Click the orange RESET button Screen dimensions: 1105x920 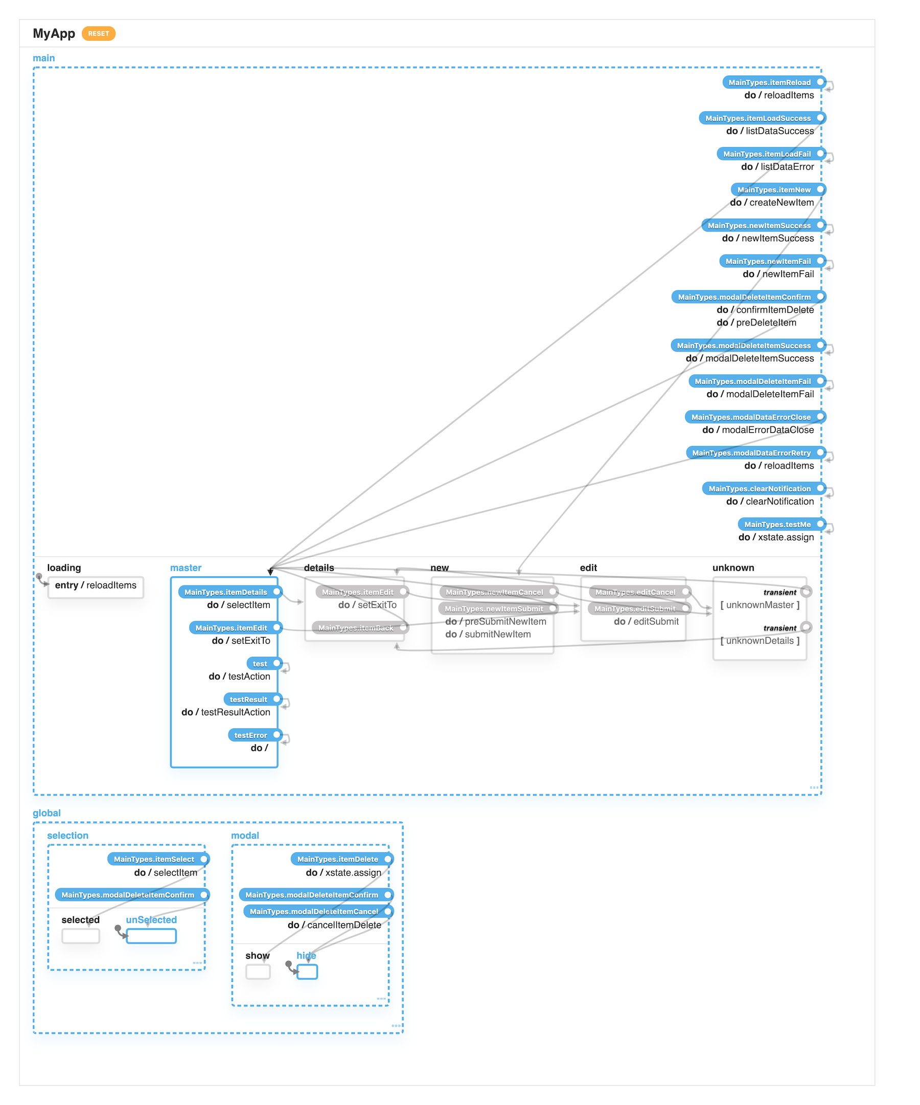(x=99, y=34)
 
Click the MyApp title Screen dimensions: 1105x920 (x=54, y=34)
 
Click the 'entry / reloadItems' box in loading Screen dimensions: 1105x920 (x=95, y=585)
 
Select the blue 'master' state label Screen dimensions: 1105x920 (x=185, y=568)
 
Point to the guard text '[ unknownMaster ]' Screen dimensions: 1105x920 (x=760, y=605)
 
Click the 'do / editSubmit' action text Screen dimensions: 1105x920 (x=646, y=621)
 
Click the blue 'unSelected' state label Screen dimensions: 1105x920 (x=151, y=920)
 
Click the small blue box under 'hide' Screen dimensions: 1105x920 (x=307, y=972)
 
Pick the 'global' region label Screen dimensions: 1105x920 (x=47, y=813)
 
